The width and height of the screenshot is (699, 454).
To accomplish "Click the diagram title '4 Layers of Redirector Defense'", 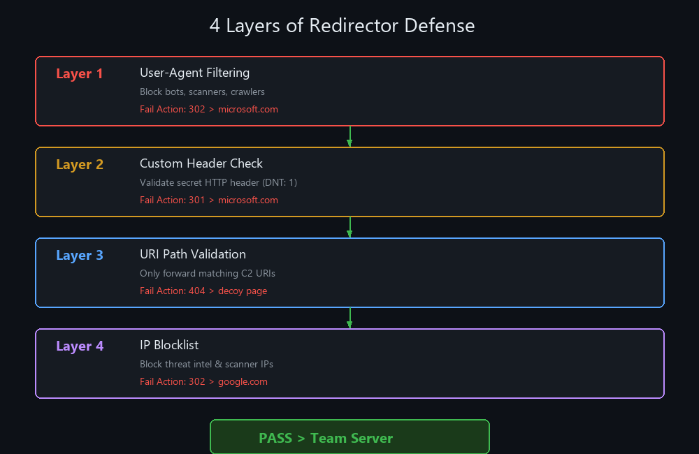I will [342, 26].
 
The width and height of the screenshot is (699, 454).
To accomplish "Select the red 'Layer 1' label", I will [80, 74].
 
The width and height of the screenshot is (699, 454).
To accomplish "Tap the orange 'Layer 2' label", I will [80, 165].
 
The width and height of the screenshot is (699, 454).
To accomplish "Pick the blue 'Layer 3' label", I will [80, 256].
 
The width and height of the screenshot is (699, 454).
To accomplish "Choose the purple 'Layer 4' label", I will [80, 346].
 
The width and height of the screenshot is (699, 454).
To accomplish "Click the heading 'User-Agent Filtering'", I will [194, 73].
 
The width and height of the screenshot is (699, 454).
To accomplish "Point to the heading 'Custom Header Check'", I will [201, 163].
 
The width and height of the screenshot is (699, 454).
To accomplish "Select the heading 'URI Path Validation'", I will [193, 254].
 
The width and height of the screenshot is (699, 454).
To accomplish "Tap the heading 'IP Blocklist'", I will [169, 345].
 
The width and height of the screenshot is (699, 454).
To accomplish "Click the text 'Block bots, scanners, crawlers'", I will [202, 91].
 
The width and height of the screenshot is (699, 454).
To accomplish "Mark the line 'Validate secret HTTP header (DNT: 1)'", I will [218, 182].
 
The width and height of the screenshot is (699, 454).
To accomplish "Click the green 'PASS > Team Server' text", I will [326, 439].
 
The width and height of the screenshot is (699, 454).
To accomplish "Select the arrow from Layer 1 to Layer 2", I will [349, 136].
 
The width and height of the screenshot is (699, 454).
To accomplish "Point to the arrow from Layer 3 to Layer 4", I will [349, 318].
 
